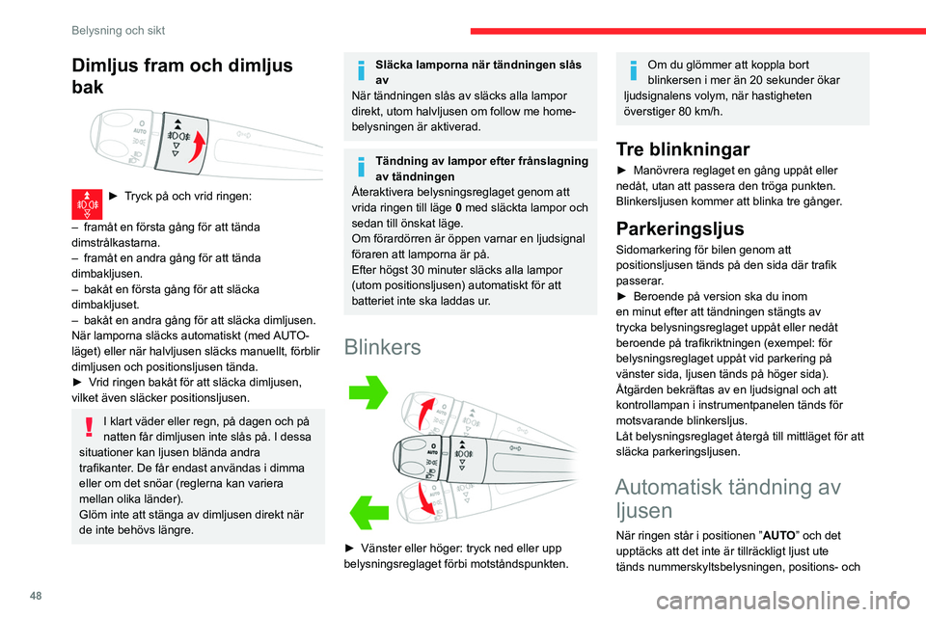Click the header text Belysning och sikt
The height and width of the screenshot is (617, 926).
pos(118,30)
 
